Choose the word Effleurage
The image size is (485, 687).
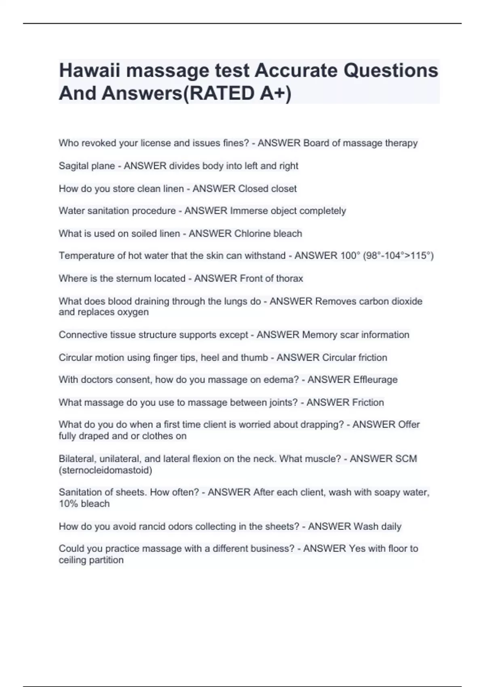pos(375,380)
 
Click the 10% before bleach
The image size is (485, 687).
pos(68,504)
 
